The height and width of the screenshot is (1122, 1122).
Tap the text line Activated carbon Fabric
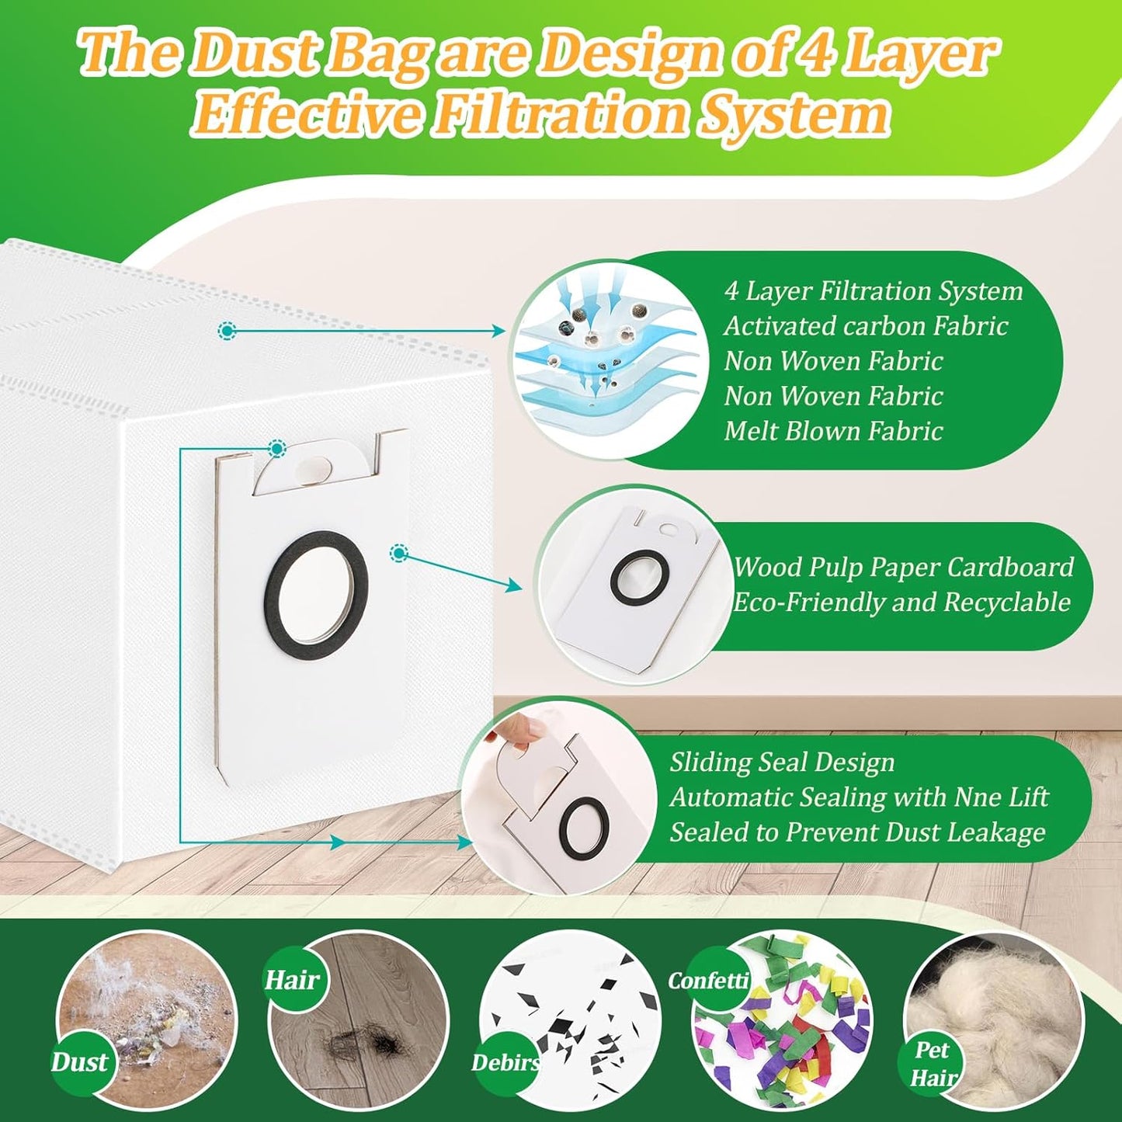tap(866, 325)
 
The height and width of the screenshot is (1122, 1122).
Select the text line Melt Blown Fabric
tap(833, 431)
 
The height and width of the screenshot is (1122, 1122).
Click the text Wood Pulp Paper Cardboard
tap(903, 567)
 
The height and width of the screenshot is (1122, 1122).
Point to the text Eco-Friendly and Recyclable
tap(901, 602)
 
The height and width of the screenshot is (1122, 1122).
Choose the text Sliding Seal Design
tap(782, 762)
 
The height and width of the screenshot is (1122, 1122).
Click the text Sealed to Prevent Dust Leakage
tap(857, 832)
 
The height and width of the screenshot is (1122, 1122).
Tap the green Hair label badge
tap(292, 981)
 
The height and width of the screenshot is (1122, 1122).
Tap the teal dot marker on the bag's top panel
tap(226, 332)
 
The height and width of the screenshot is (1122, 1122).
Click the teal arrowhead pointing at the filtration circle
tap(498, 332)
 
